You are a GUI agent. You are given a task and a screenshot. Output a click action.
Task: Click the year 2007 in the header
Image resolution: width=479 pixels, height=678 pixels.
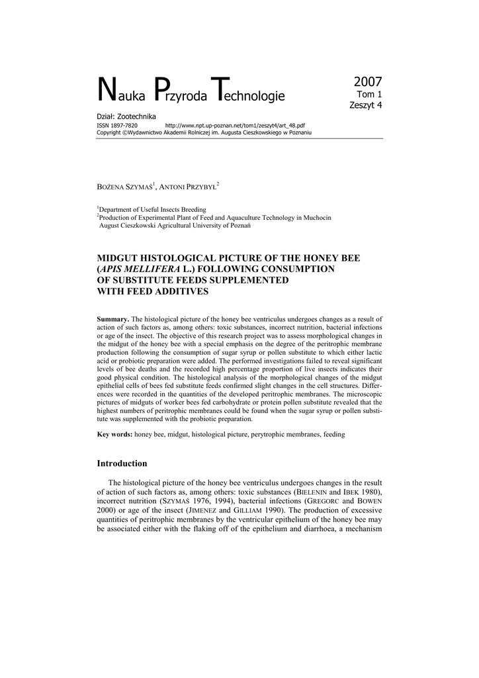pos(367,82)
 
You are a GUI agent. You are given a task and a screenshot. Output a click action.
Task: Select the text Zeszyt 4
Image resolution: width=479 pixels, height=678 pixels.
pos(365,105)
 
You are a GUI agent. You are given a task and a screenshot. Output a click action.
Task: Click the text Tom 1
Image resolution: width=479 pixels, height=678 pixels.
pos(369,95)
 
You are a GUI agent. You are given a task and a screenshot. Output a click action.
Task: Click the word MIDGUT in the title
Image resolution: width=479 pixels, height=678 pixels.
pos(120,258)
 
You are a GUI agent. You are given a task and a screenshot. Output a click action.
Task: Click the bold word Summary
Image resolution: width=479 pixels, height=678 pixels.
pos(113,320)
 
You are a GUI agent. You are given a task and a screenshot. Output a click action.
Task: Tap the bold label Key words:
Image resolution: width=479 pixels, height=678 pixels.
pos(115,434)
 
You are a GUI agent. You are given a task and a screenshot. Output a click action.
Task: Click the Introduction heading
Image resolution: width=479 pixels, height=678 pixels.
pos(122,463)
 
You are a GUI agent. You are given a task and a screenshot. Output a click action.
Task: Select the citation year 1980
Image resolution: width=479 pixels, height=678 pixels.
pos(371,493)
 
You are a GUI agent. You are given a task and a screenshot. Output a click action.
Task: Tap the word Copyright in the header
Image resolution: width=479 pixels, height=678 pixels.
pos(109,132)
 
